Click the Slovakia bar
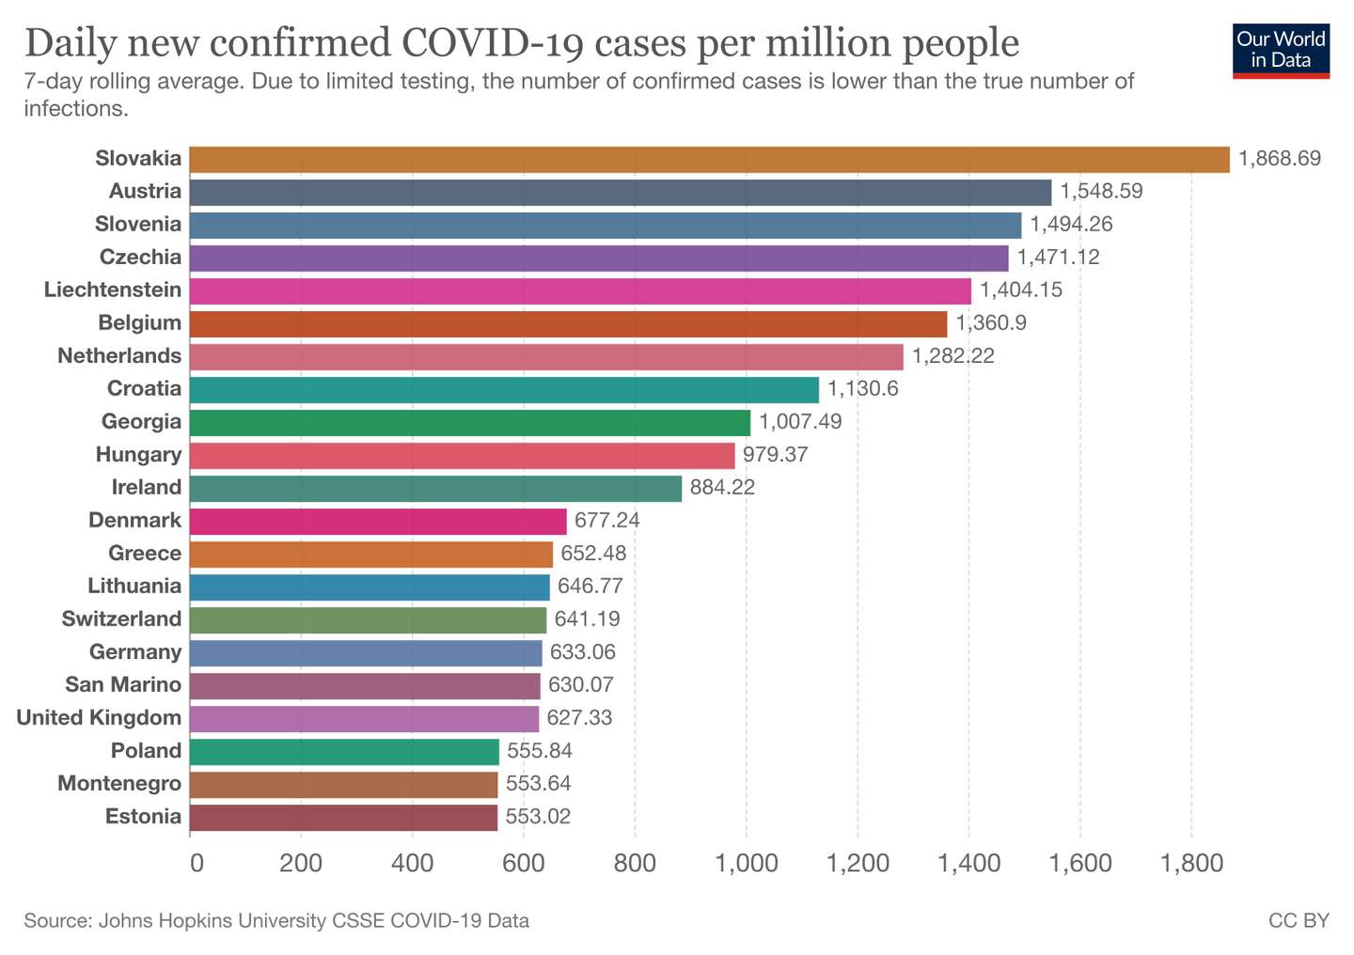[710, 160]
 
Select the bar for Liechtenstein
[580, 290]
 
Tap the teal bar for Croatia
[504, 390]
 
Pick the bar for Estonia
[343, 817]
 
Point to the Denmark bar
[378, 521]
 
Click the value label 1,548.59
[1101, 192]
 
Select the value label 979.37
[775, 455]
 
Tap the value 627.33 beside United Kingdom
[579, 718]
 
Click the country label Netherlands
[119, 355]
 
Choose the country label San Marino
[123, 684]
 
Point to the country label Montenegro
[119, 783]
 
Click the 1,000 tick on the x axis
[747, 863]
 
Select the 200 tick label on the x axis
[301, 863]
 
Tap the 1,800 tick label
[1191, 863]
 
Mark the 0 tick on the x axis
[197, 863]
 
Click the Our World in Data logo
[1281, 51]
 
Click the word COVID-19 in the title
[492, 43]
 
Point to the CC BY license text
[1299, 920]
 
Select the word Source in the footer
[57, 920]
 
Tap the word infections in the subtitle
[76, 109]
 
